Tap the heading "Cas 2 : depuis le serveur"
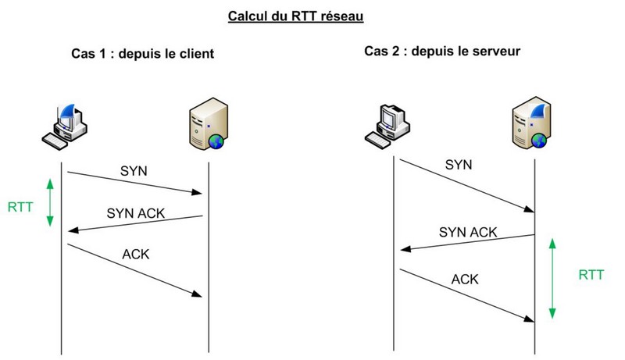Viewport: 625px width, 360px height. pos(442,52)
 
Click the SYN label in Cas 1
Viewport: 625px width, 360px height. pos(133,169)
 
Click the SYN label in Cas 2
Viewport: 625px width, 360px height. pos(458,165)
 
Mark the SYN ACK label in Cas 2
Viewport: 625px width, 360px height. pos(467,232)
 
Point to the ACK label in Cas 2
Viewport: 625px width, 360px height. pos(465,279)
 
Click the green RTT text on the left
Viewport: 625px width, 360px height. pos(20,207)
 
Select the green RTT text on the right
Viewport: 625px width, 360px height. pos(591,274)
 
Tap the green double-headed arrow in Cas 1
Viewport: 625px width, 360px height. pos(49,202)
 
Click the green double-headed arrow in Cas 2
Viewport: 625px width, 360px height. pos(552,278)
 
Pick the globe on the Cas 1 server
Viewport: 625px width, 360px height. pos(216,141)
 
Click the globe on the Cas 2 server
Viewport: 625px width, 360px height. pos(538,141)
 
